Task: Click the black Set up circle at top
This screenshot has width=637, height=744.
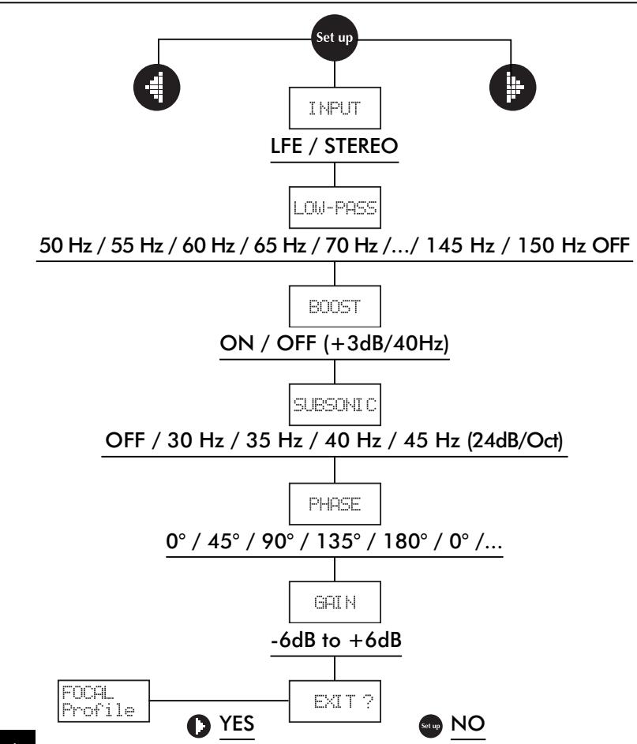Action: [335, 38]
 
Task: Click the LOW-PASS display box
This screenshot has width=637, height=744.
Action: [335, 211]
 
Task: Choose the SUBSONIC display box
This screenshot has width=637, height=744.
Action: [335, 407]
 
